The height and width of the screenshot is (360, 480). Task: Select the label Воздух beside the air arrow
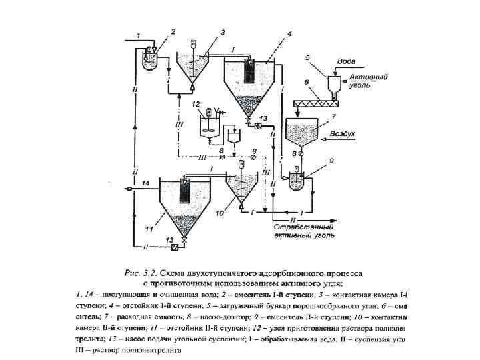(x=345, y=134)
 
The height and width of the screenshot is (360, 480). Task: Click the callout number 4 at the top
(x=289, y=33)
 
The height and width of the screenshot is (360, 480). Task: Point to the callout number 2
(x=173, y=31)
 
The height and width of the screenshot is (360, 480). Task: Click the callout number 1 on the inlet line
(x=138, y=35)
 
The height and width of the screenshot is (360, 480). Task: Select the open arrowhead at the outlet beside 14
(x=129, y=189)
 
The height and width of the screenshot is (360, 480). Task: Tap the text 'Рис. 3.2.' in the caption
(x=141, y=273)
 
